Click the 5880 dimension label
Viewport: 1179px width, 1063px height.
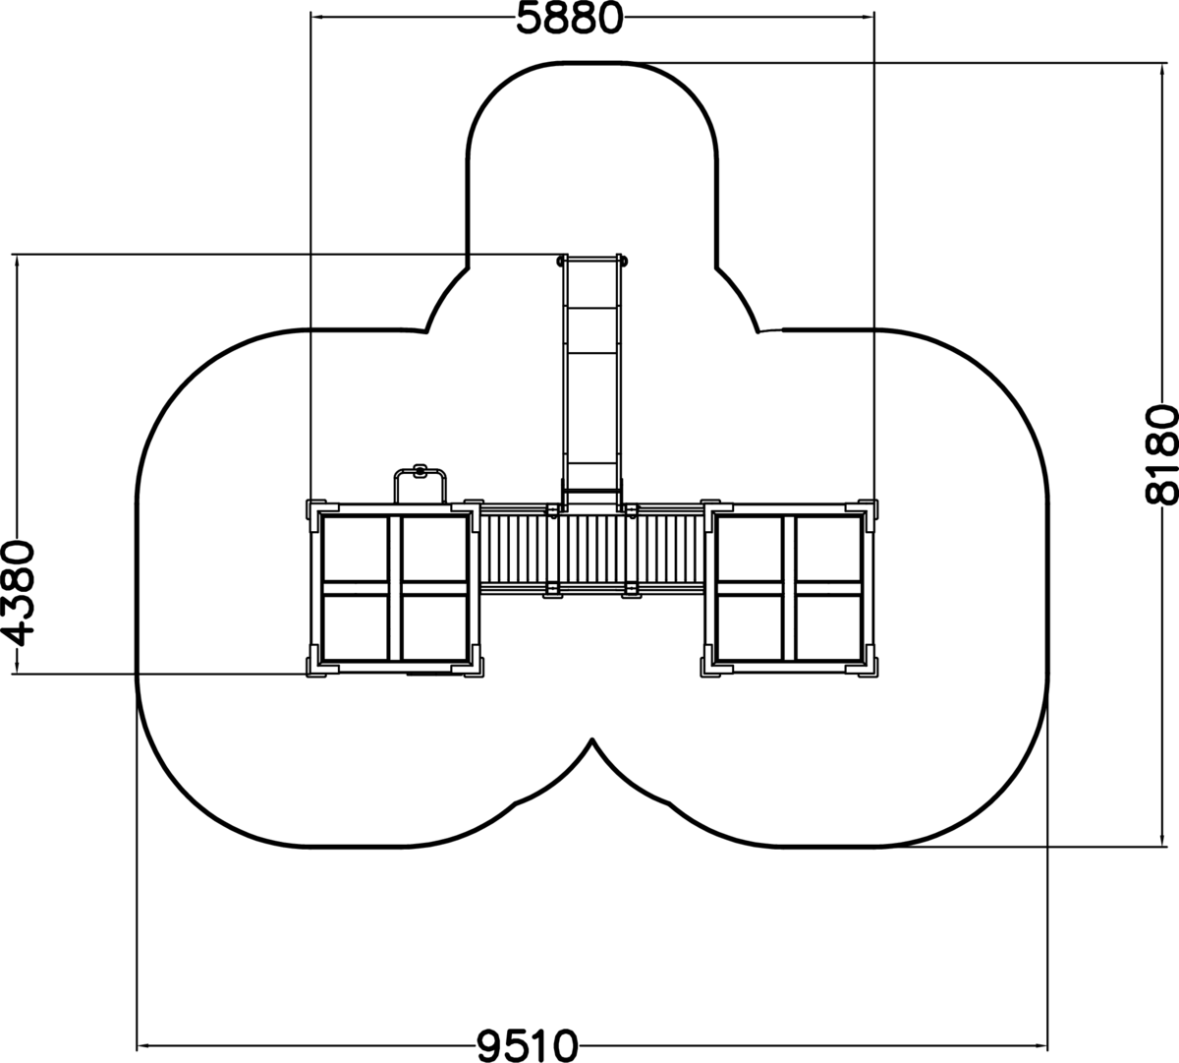[569, 19]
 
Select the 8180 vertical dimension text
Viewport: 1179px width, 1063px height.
[1162, 454]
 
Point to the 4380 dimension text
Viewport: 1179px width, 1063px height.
[18, 594]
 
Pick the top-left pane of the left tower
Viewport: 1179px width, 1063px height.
[355, 549]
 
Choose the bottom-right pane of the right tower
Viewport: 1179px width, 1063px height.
[828, 626]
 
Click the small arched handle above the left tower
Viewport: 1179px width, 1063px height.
[420, 472]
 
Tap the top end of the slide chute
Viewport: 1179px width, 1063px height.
[591, 260]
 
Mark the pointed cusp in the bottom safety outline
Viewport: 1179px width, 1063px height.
[591, 739]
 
